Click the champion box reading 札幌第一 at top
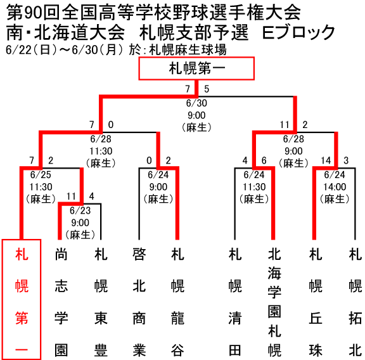196,68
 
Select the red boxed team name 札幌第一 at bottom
22,299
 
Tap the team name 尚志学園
61,302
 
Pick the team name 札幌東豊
101,302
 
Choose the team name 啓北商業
139,302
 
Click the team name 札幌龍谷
177,302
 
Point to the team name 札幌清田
235,302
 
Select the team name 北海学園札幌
274,302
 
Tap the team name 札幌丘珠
316,302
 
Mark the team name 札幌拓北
355,302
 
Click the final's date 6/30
196,103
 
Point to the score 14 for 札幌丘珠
326,160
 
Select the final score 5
207,89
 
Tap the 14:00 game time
335,187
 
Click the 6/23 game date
80,210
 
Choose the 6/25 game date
41,175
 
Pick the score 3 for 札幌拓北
346,160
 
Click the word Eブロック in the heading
298,32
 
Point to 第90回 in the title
33,13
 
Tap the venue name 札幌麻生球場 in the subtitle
188,50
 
